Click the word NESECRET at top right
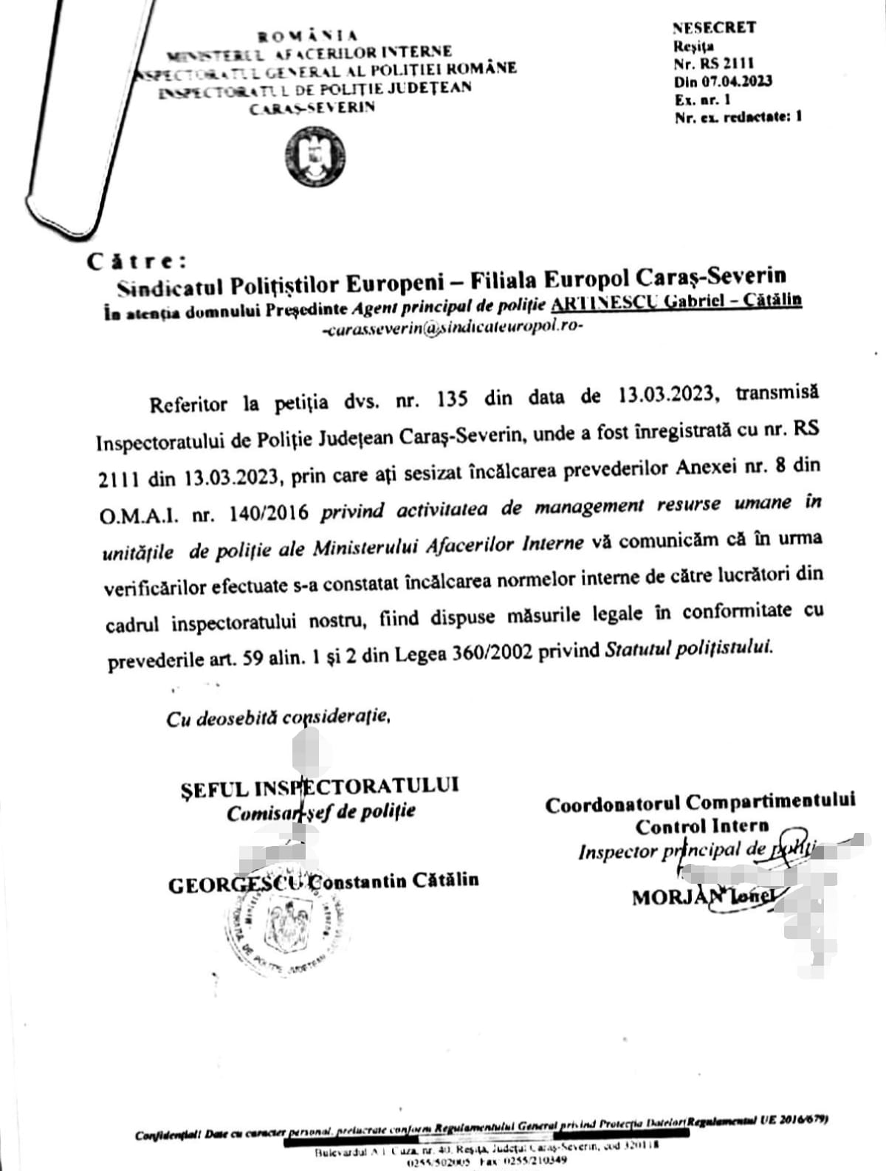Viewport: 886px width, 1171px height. tap(714, 28)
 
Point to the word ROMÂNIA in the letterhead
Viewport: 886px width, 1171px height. tap(308, 35)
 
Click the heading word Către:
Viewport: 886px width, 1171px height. tap(137, 261)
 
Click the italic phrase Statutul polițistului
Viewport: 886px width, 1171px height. tap(689, 648)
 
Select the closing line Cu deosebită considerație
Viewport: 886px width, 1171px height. tap(278, 718)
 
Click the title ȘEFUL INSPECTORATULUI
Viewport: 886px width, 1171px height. tap(319, 787)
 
